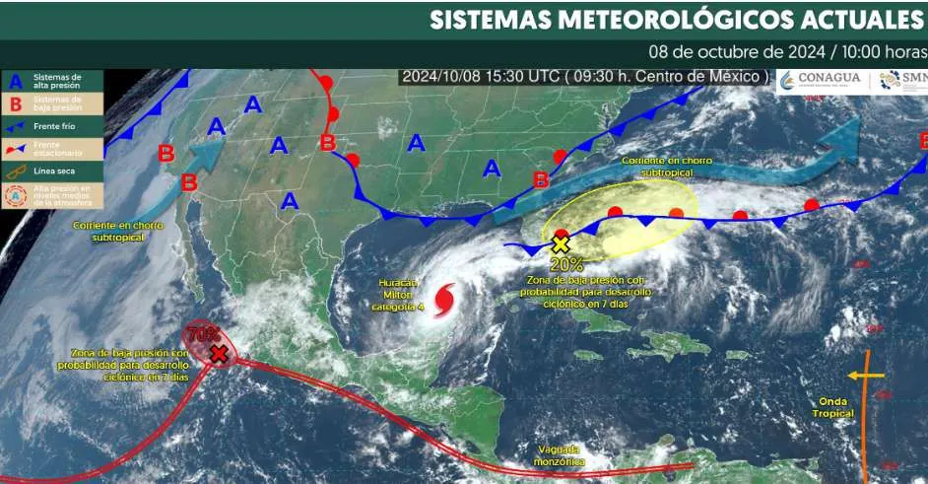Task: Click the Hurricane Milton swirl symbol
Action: tap(444, 298)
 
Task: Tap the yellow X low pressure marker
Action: tap(561, 243)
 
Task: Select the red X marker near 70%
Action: tap(219, 353)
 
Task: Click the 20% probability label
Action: tap(566, 264)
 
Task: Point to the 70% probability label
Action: tap(203, 333)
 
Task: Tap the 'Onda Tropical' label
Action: tap(835, 406)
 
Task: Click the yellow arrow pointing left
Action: tap(865, 375)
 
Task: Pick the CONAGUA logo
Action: tap(820, 80)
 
